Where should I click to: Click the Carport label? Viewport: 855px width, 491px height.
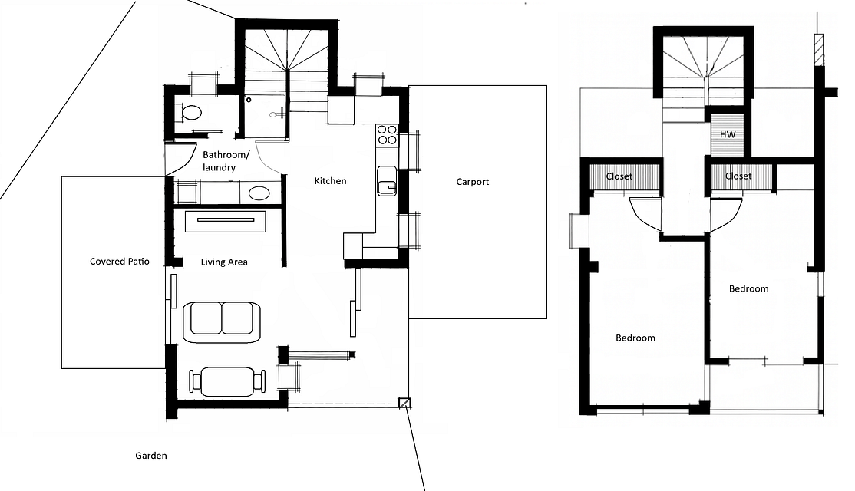(x=472, y=182)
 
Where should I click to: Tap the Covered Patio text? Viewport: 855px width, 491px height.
(x=120, y=262)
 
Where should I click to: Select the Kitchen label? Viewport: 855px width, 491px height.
(x=331, y=181)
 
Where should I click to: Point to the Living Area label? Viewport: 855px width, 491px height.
(x=224, y=262)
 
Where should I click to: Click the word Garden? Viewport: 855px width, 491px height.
(x=151, y=456)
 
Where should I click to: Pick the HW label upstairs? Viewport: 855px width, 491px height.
(x=728, y=134)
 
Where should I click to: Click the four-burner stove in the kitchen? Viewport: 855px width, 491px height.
(x=387, y=135)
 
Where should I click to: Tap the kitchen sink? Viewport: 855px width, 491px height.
(x=387, y=180)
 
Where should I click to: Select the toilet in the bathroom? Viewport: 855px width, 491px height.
(x=190, y=113)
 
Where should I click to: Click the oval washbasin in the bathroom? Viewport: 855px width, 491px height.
(x=259, y=193)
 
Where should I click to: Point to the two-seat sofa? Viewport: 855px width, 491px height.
(x=222, y=321)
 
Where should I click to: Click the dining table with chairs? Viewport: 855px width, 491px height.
(x=227, y=381)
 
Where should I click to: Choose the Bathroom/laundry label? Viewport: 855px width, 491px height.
(x=226, y=161)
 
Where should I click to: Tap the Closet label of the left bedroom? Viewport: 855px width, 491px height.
(x=619, y=176)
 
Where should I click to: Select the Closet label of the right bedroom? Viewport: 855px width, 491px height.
(x=738, y=176)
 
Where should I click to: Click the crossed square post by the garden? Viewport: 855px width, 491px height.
(x=404, y=403)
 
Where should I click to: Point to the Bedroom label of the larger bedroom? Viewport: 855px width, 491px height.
(x=635, y=338)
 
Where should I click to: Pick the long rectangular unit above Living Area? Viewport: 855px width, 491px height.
(x=226, y=221)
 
